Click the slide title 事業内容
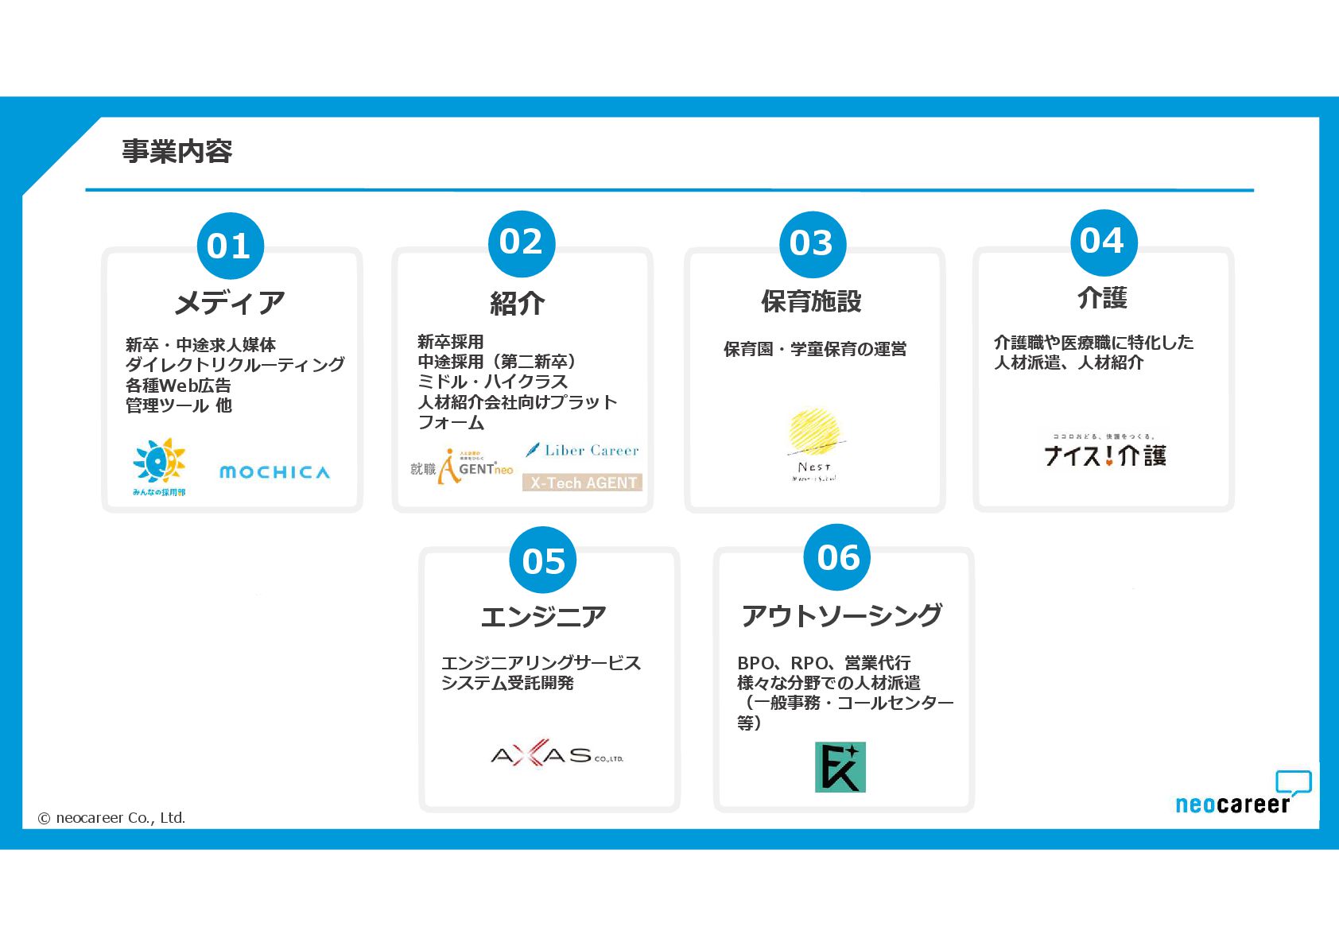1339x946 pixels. pos(177,151)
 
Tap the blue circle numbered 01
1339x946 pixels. pos(230,246)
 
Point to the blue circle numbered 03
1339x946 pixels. pos(812,244)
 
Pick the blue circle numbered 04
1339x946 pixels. pos(1103,242)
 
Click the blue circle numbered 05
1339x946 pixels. pos(544,560)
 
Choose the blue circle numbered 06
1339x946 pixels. pos(838,557)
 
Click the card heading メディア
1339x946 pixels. pos(230,303)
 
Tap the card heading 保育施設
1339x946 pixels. pos(812,301)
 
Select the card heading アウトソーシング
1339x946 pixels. pos(842,615)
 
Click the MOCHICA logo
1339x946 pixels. pos(274,472)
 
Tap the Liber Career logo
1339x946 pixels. pos(583,450)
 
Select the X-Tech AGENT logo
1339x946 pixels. pos(583,483)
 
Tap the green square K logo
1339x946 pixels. pos(840,767)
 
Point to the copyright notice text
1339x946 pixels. pos(111,818)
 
